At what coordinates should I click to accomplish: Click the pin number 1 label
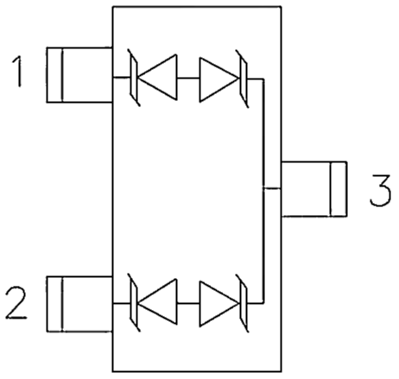18,72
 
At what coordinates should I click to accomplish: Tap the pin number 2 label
16,302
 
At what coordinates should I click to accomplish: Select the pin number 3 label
380,190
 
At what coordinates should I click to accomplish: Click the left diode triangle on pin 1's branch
157,77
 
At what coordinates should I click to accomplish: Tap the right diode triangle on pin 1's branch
218,79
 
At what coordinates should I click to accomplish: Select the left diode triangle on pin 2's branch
157,301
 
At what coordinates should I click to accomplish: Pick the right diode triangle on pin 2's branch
218,304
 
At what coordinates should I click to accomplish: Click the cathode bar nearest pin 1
134,78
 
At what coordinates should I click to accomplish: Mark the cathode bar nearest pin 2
134,303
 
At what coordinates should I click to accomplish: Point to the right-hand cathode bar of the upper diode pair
243,79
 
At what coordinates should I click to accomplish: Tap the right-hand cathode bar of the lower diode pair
243,304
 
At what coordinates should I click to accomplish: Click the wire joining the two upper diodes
188,78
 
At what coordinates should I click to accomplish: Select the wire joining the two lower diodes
188,303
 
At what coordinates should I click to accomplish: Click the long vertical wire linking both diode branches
263,191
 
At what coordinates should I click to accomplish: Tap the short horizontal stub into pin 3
272,188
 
